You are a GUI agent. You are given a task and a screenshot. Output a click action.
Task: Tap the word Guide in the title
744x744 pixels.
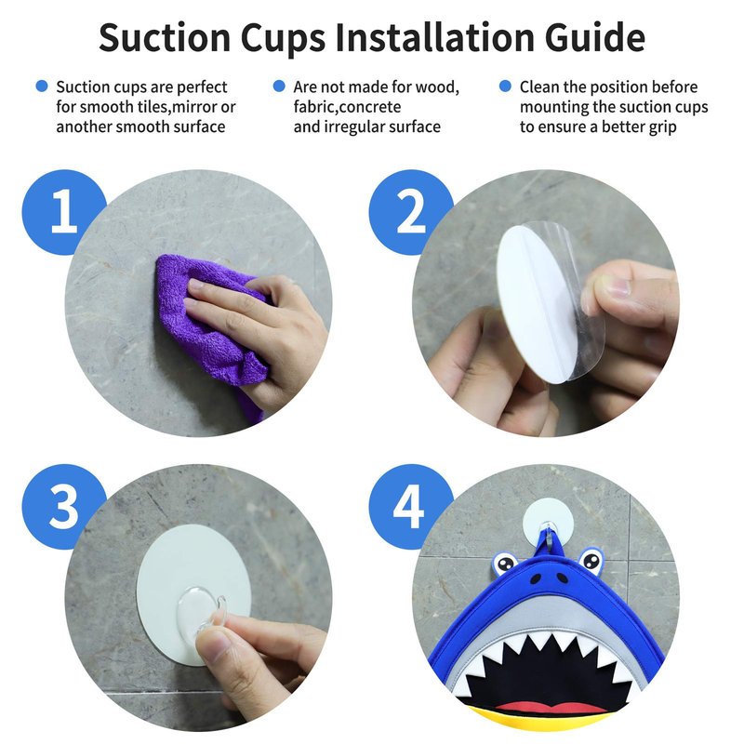(595, 37)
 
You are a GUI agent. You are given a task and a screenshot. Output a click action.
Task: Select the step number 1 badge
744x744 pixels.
(63, 212)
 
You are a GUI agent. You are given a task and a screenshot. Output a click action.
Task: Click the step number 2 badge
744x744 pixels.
(410, 212)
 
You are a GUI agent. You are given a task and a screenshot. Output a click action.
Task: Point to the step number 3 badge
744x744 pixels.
(63, 507)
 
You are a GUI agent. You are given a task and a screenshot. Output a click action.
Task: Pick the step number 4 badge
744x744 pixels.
(410, 507)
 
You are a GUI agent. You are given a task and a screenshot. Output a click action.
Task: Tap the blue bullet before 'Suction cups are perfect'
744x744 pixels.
(42, 86)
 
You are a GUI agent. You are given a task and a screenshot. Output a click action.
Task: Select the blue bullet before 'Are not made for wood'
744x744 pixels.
(279, 86)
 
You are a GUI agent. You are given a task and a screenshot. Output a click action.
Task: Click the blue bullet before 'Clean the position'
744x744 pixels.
(505, 86)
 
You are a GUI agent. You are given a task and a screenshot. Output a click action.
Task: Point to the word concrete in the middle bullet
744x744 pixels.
(370, 107)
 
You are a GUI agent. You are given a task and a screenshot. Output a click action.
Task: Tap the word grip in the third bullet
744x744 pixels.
(662, 127)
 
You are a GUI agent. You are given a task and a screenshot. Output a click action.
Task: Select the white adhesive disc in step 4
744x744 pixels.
(548, 520)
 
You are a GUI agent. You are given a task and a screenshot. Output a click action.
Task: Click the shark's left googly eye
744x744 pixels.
(505, 564)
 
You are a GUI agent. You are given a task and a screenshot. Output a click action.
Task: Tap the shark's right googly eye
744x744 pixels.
(591, 561)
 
